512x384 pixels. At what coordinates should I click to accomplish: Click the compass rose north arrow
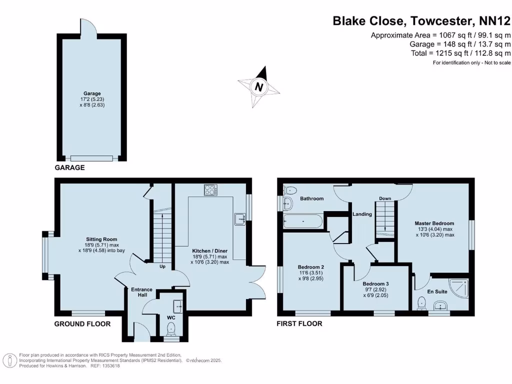pos(259,86)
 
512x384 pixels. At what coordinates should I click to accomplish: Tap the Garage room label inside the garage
pos(92,93)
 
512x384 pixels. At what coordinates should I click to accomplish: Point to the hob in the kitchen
pos(211,190)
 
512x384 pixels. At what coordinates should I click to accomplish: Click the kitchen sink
pos(240,218)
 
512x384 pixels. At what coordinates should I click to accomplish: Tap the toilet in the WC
pos(171,328)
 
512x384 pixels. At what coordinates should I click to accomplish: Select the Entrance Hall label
pos(141,292)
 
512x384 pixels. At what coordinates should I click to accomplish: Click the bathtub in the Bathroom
pos(302,221)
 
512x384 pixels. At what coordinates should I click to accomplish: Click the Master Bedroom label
pos(434,223)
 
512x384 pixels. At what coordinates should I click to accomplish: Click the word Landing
pos(362,214)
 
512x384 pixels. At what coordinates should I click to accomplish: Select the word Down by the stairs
pos(384,198)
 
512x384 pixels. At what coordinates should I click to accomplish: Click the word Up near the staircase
pos(162,266)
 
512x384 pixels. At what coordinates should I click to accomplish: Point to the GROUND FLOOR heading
pos(82,324)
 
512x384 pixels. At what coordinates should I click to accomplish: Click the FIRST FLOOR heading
pos(299,324)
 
